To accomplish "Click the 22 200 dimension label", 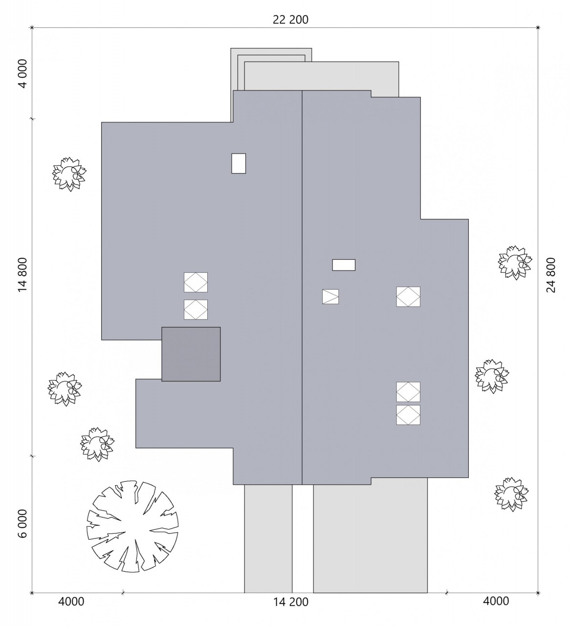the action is point(290,20).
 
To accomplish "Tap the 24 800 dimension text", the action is point(551,275).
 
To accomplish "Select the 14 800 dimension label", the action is point(23,275).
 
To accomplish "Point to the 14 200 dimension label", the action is point(291,602).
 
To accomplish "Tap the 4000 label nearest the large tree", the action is point(71,601).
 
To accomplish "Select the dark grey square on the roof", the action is point(191,354).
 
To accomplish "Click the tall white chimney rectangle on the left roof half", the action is point(239,163).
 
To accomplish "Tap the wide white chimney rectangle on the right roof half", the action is point(344,265).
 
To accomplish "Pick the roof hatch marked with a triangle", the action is point(330,296).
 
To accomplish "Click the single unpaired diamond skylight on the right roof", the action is point(408,296).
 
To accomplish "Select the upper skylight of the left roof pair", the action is point(196,282).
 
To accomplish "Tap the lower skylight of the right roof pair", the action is point(408,415).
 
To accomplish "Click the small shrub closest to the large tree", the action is point(97,445).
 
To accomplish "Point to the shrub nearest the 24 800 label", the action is point(515,263).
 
